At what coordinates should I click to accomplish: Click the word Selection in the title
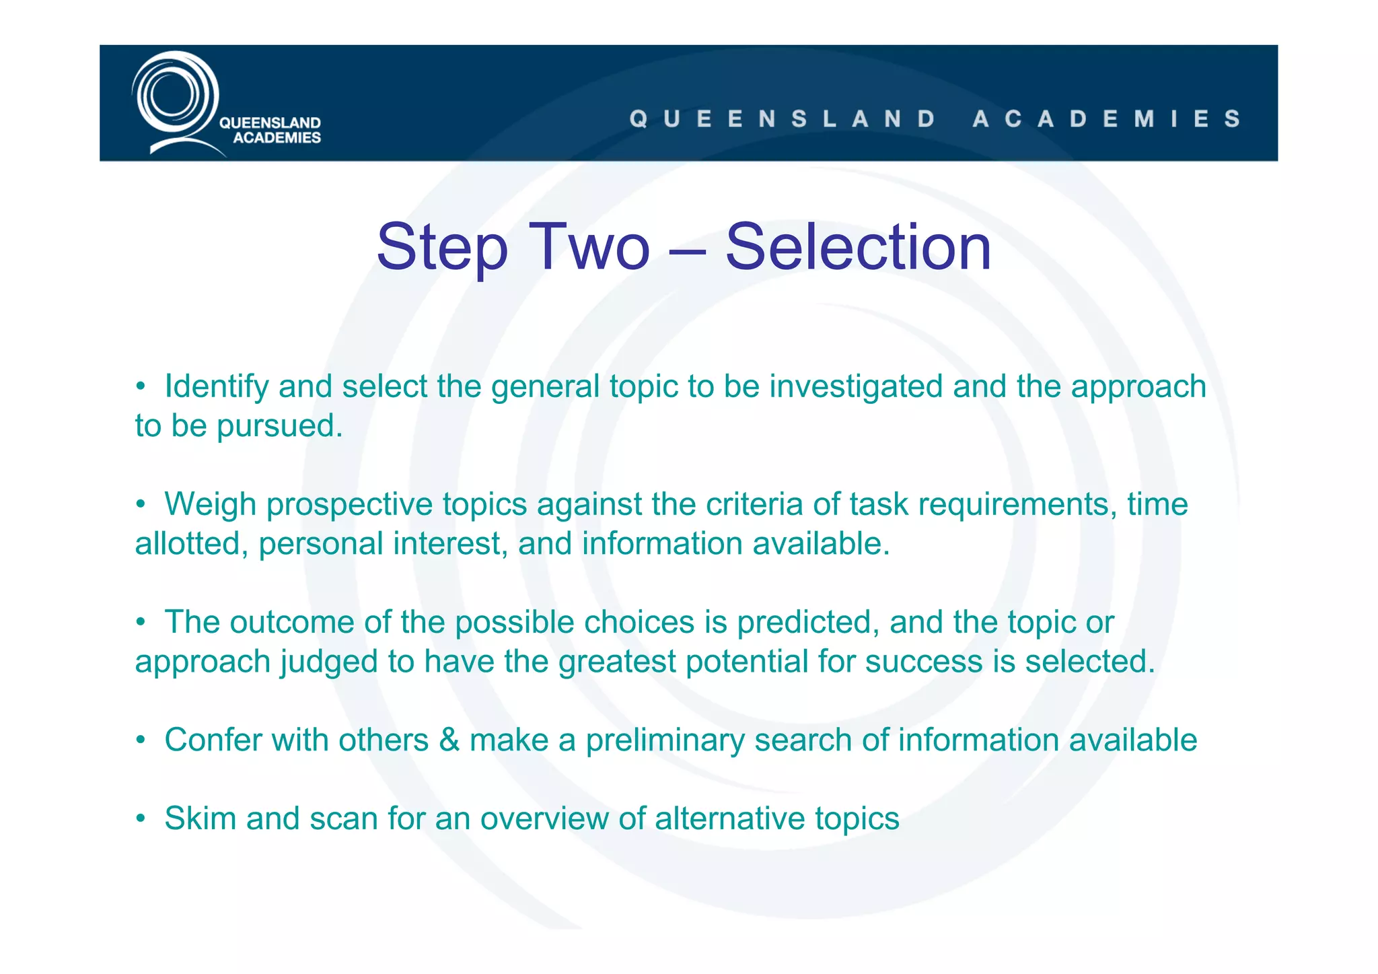858,248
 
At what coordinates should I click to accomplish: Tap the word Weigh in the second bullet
210,504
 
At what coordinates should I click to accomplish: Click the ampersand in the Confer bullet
449,740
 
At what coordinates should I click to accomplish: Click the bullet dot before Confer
141,740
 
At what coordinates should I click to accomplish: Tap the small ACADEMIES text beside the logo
277,138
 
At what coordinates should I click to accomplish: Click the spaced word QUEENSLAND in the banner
783,119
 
